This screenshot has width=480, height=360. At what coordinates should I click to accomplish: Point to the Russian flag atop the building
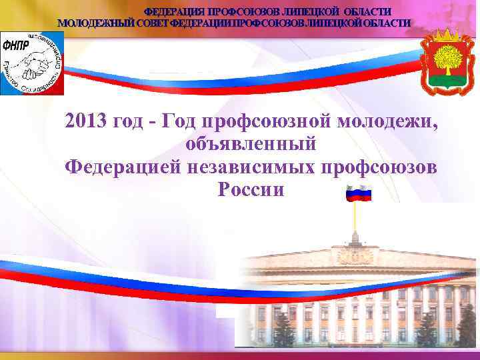(x=358, y=193)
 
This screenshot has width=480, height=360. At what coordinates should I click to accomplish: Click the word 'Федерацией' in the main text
(x=116, y=167)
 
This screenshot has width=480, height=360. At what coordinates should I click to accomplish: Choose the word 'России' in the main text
(x=251, y=190)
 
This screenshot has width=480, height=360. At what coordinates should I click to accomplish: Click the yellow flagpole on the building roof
(x=355, y=217)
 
